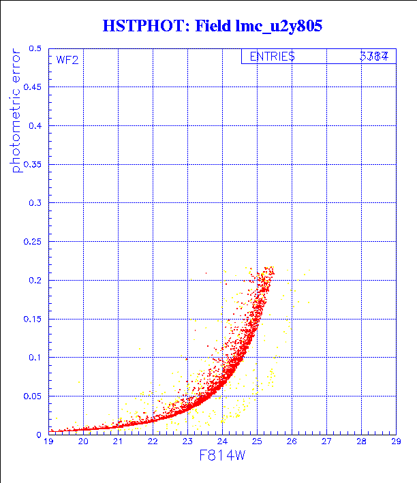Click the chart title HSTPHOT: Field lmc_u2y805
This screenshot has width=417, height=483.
[x=212, y=27]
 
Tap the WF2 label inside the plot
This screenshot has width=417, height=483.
[x=67, y=60]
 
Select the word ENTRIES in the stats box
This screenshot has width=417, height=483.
[x=272, y=57]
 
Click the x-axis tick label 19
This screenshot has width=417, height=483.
[x=48, y=441]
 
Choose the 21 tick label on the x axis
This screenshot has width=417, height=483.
[x=118, y=441]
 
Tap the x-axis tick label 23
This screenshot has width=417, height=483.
[x=187, y=441]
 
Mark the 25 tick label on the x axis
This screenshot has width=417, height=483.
[x=257, y=441]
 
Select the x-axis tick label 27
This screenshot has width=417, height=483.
[x=326, y=441]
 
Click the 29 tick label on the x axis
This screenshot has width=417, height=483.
[x=396, y=441]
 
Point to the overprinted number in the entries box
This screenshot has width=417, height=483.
[x=374, y=57]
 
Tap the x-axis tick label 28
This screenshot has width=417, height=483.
[x=361, y=441]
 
